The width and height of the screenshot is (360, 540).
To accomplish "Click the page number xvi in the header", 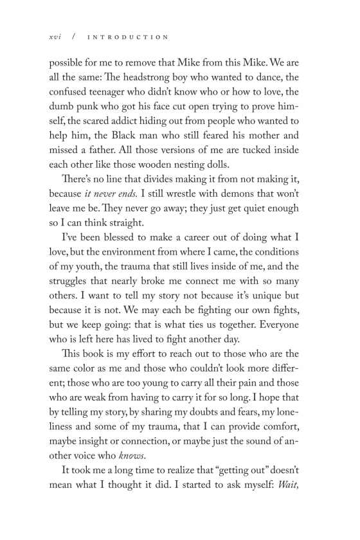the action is [x=55, y=37].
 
